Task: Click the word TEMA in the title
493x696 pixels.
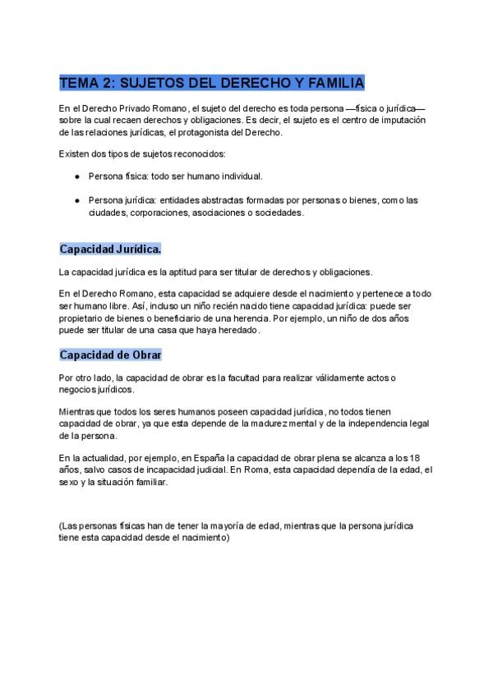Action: pyautogui.click(x=81, y=83)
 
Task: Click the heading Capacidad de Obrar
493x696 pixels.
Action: pyautogui.click(x=110, y=355)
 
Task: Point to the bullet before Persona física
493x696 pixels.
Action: pyautogui.click(x=77, y=176)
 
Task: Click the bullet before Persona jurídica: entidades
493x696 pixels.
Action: pyautogui.click(x=77, y=199)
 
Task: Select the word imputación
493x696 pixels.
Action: pyautogui.click(x=403, y=120)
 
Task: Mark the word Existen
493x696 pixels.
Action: pyautogui.click(x=76, y=154)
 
